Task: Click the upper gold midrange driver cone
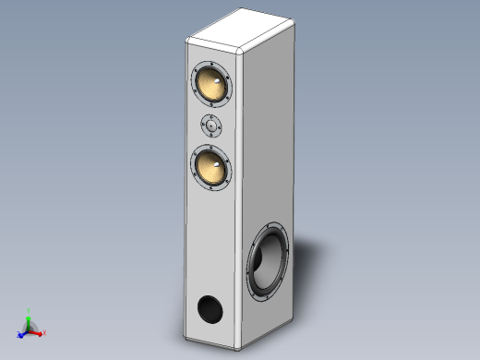pyautogui.click(x=211, y=85)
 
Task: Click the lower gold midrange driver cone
pyautogui.click(x=211, y=169)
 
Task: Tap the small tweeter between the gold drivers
pyautogui.click(x=212, y=126)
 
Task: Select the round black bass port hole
pyautogui.click(x=210, y=308)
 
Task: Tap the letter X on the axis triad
pyautogui.click(x=45, y=332)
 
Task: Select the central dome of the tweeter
pyautogui.click(x=212, y=126)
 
